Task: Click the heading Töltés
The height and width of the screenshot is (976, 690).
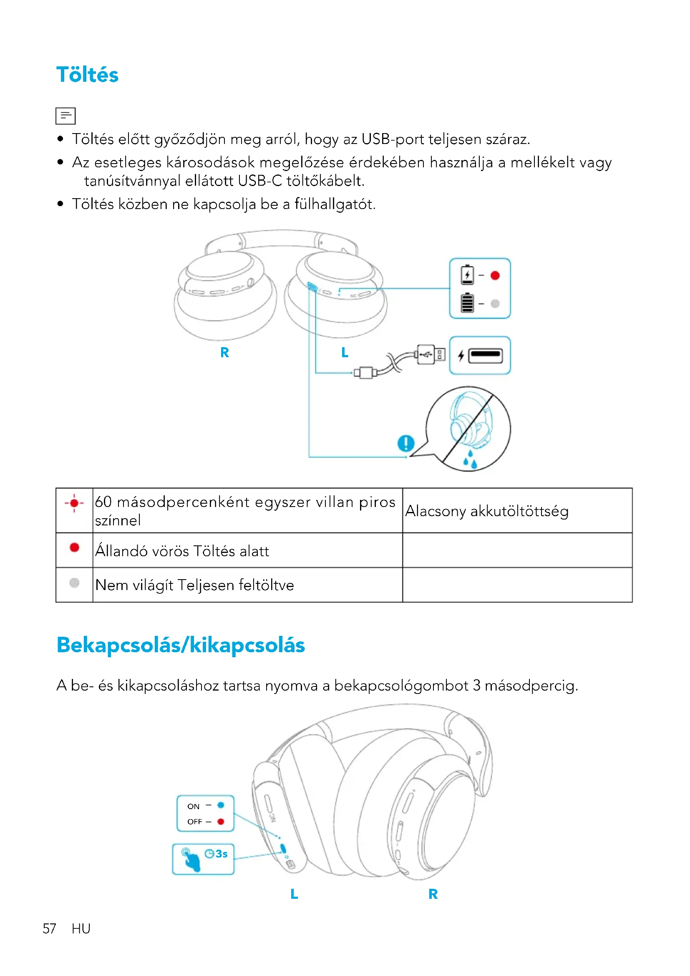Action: [87, 75]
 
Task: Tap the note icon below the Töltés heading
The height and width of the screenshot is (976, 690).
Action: [65, 116]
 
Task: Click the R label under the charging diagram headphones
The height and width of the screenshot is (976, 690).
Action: [224, 353]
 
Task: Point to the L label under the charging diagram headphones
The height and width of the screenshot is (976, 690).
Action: [345, 353]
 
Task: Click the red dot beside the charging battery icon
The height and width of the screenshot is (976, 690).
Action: [495, 275]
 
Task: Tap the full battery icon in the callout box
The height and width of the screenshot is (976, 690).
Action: [467, 303]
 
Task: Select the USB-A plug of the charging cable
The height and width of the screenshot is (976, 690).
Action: [430, 354]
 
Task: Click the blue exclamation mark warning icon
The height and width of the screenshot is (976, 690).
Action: [406, 443]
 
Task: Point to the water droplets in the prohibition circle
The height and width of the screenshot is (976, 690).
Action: [470, 460]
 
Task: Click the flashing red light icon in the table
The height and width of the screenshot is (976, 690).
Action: [74, 503]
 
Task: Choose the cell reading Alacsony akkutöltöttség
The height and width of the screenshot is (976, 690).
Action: [486, 511]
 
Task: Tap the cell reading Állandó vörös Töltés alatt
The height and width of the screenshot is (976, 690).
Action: [182, 551]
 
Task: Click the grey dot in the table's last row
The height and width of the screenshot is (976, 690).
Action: [74, 583]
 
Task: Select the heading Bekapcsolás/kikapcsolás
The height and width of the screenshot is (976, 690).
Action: [181, 645]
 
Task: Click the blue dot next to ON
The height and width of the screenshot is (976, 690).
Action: [221, 805]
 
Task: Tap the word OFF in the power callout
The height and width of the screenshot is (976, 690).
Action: [194, 822]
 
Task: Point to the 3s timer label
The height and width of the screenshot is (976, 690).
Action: [217, 854]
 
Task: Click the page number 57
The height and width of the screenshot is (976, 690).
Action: [49, 929]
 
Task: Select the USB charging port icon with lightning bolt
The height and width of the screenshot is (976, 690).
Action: [480, 356]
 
